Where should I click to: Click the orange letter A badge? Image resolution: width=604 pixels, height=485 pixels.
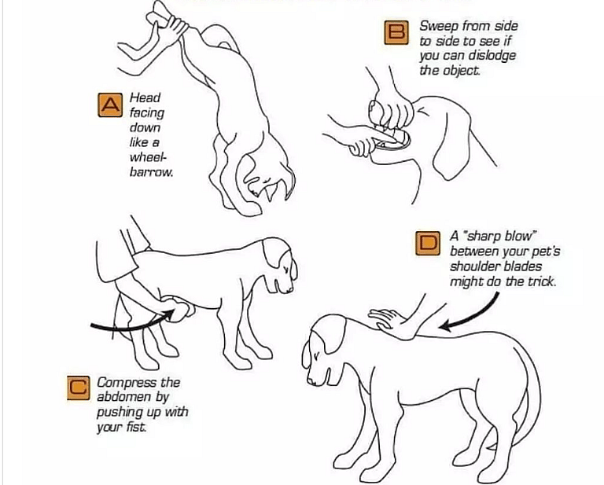110,105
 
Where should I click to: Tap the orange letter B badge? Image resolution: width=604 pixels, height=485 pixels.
396,32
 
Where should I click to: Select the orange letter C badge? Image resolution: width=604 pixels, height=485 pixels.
79,388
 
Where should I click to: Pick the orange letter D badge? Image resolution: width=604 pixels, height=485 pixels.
428,243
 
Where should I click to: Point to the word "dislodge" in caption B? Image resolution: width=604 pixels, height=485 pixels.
492,56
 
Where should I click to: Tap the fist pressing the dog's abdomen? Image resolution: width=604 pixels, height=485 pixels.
179,307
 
